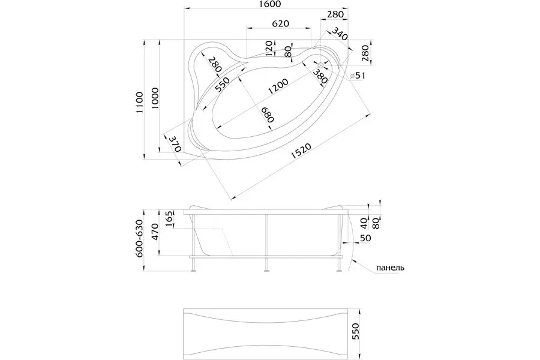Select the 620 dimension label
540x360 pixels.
point(280,23)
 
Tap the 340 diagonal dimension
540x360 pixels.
point(340,34)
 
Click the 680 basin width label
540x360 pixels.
point(267,115)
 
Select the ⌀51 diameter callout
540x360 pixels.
point(357,76)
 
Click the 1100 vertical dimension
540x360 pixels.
point(139,102)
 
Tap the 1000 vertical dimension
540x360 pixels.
point(155,98)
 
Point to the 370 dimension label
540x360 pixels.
point(175,143)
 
